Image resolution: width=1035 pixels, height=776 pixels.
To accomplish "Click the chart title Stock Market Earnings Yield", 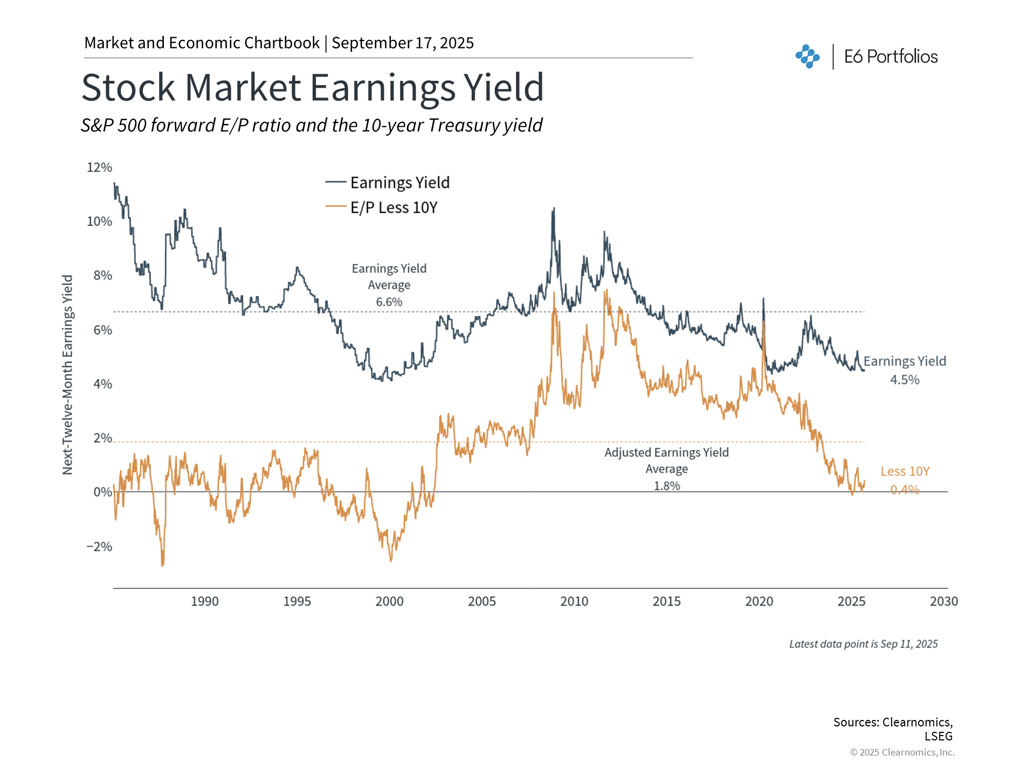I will (313, 87).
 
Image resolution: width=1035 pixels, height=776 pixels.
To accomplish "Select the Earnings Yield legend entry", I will (399, 183).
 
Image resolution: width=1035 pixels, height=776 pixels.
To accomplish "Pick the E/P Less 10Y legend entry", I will (394, 207).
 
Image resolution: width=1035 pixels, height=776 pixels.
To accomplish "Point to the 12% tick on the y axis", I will (100, 168).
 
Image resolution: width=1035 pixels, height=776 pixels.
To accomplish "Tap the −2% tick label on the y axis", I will (100, 546).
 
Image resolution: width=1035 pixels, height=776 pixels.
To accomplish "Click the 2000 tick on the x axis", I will (389, 601).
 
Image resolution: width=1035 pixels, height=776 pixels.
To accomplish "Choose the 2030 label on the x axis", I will (943, 601).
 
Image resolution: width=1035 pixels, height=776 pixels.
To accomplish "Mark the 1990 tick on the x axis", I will (205, 601).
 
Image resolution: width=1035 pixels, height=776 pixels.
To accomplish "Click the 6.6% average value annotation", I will (389, 302).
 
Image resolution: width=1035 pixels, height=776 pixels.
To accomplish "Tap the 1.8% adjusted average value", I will (667, 486).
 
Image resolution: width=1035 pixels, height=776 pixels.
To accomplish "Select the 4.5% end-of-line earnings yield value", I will (905, 380).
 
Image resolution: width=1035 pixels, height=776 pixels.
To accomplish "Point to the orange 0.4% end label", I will (905, 490).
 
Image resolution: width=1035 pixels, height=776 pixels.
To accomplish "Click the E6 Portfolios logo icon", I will (808, 57).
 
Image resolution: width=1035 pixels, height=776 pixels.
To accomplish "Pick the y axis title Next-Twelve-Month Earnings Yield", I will (67, 375).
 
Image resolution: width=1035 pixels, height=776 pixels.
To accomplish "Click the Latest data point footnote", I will (863, 644).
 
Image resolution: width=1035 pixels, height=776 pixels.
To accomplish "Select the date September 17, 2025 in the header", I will (403, 43).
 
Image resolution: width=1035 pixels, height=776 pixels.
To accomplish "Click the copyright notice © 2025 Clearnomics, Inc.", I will (902, 752).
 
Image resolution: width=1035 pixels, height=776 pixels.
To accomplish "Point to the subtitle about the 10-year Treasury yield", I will (312, 125).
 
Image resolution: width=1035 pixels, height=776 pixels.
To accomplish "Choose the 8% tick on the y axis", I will (102, 275).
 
